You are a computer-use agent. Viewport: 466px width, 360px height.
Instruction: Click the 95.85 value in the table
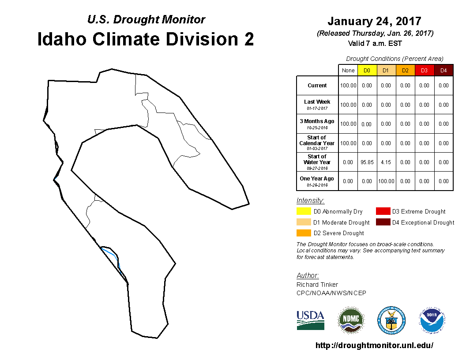tap(367, 162)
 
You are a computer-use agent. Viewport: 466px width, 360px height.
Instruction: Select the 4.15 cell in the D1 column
tap(386, 162)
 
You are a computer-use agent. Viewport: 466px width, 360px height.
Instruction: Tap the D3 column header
tap(424, 71)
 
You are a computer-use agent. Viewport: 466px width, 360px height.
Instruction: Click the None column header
tap(348, 71)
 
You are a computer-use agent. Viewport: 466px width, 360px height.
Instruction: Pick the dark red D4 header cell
tap(443, 71)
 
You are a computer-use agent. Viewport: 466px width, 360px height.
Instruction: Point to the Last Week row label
tap(317, 105)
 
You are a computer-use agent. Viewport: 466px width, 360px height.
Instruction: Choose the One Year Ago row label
tap(317, 181)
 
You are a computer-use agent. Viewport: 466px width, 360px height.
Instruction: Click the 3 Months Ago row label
tap(317, 124)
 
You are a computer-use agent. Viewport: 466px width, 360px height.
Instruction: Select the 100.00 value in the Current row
tap(348, 86)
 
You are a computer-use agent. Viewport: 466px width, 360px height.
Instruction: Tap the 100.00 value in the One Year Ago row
tap(386, 181)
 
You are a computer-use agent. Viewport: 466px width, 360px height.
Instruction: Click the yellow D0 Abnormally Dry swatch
tap(304, 211)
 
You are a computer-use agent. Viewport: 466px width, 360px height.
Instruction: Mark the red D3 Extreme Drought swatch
tap(383, 211)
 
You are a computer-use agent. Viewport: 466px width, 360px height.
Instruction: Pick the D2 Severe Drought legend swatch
tap(304, 233)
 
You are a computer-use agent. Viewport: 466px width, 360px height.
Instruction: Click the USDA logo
tap(310, 320)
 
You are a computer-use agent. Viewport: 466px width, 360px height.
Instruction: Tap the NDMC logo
tap(351, 320)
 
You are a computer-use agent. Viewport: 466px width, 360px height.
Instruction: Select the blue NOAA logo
tap(432, 320)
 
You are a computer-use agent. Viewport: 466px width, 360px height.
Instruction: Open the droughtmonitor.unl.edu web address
tap(374, 345)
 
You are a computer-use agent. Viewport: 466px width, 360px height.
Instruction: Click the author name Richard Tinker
tap(317, 285)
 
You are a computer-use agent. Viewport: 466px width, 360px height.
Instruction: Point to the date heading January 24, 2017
tap(375, 21)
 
